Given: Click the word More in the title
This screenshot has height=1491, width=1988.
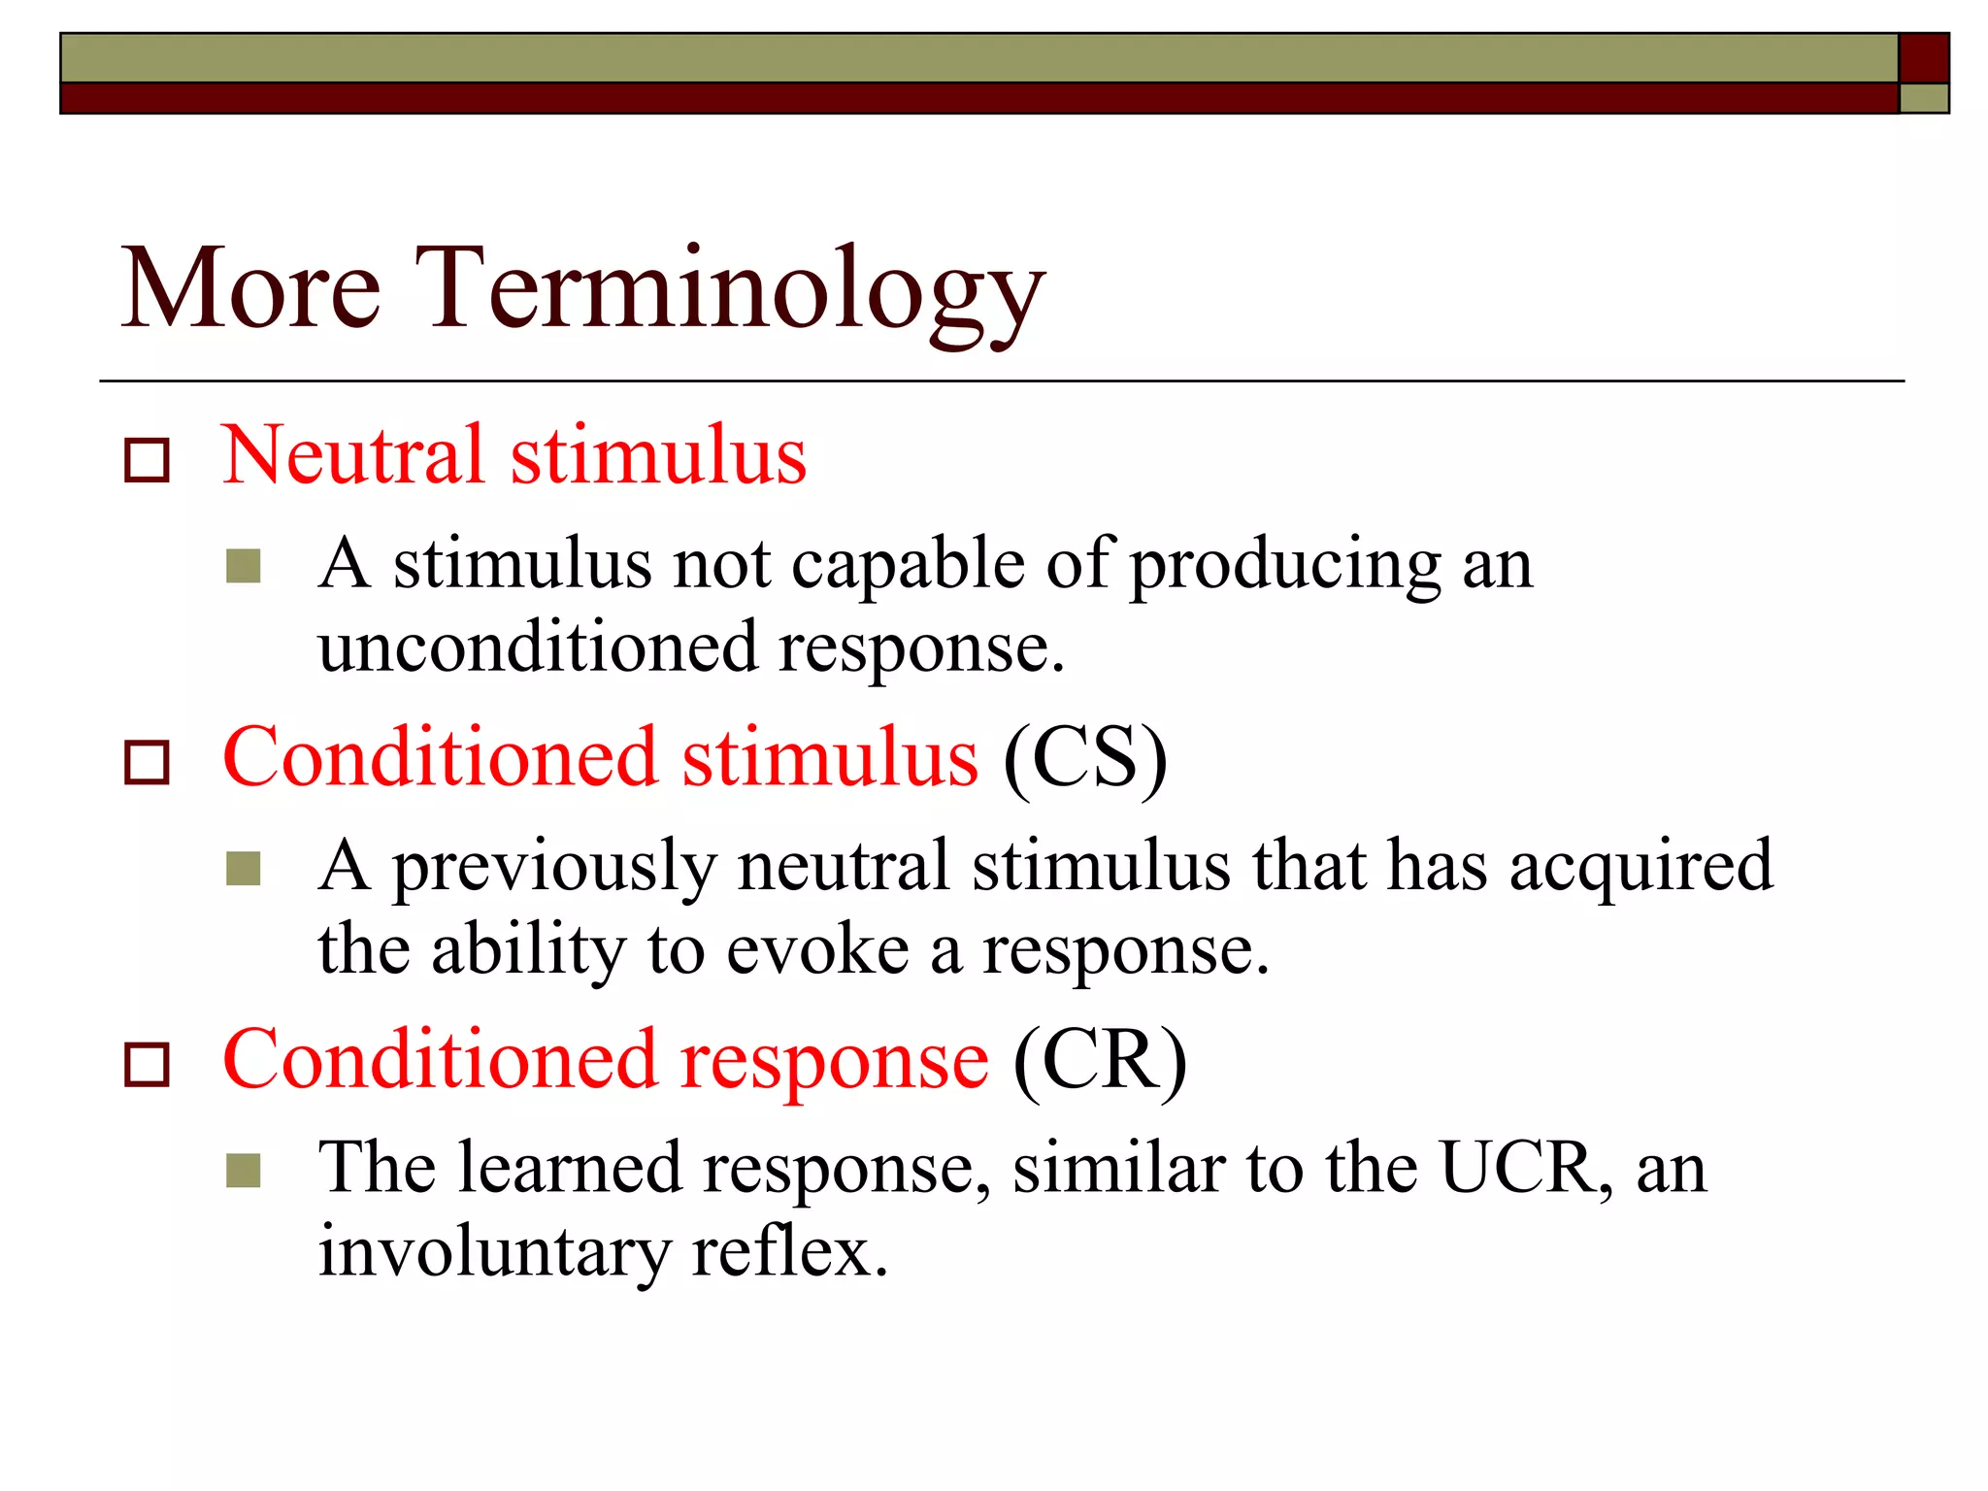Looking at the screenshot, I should point(250,291).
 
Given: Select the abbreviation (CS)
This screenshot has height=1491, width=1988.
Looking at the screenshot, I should point(1084,759).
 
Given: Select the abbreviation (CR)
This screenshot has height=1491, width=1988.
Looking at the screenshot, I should point(1100,1061).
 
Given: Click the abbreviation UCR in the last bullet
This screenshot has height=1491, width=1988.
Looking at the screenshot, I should point(1517,1168).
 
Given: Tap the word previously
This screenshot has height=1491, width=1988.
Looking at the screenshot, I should point(554,868).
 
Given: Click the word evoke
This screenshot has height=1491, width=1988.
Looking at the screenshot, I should point(817,950).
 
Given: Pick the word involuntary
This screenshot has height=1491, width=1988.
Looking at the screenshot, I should point(494,1252).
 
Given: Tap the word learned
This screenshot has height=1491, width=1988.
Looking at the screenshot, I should point(570,1168).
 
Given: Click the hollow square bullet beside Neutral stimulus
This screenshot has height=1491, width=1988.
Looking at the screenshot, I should point(147,460).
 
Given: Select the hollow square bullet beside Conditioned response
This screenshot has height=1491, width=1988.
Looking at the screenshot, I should point(147,1065).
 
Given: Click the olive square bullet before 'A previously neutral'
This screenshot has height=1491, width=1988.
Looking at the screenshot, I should point(243,869).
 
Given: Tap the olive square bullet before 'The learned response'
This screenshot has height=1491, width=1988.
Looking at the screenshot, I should point(243,1171).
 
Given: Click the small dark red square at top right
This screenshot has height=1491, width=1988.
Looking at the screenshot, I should point(1923,57).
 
